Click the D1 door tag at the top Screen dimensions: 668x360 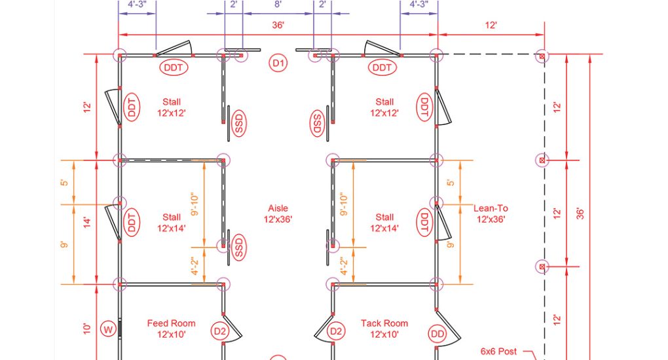pos(278,63)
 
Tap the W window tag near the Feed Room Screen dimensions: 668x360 pos(108,329)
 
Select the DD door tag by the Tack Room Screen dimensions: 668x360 pos(437,334)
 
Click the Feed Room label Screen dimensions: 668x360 pos(172,329)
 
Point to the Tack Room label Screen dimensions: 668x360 pos(384,329)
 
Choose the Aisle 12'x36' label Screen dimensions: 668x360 pos(278,214)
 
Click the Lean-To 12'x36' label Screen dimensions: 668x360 pos(491,214)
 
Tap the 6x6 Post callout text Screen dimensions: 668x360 pos(498,351)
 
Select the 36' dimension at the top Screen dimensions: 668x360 pos(278,25)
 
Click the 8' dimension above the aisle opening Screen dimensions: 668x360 pos(278,5)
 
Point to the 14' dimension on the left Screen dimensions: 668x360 pos(87,222)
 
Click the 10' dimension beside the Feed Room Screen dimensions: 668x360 pos(87,329)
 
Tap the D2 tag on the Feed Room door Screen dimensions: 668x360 pos(220,331)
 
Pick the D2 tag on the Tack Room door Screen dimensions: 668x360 pos(336,331)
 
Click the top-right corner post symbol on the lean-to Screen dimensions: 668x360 pos(542,56)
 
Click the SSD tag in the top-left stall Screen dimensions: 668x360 pos(238,124)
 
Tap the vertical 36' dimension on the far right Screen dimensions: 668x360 pos(580,213)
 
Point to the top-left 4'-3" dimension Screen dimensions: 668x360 pos(137,5)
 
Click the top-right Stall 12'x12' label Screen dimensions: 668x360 pos(384,107)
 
